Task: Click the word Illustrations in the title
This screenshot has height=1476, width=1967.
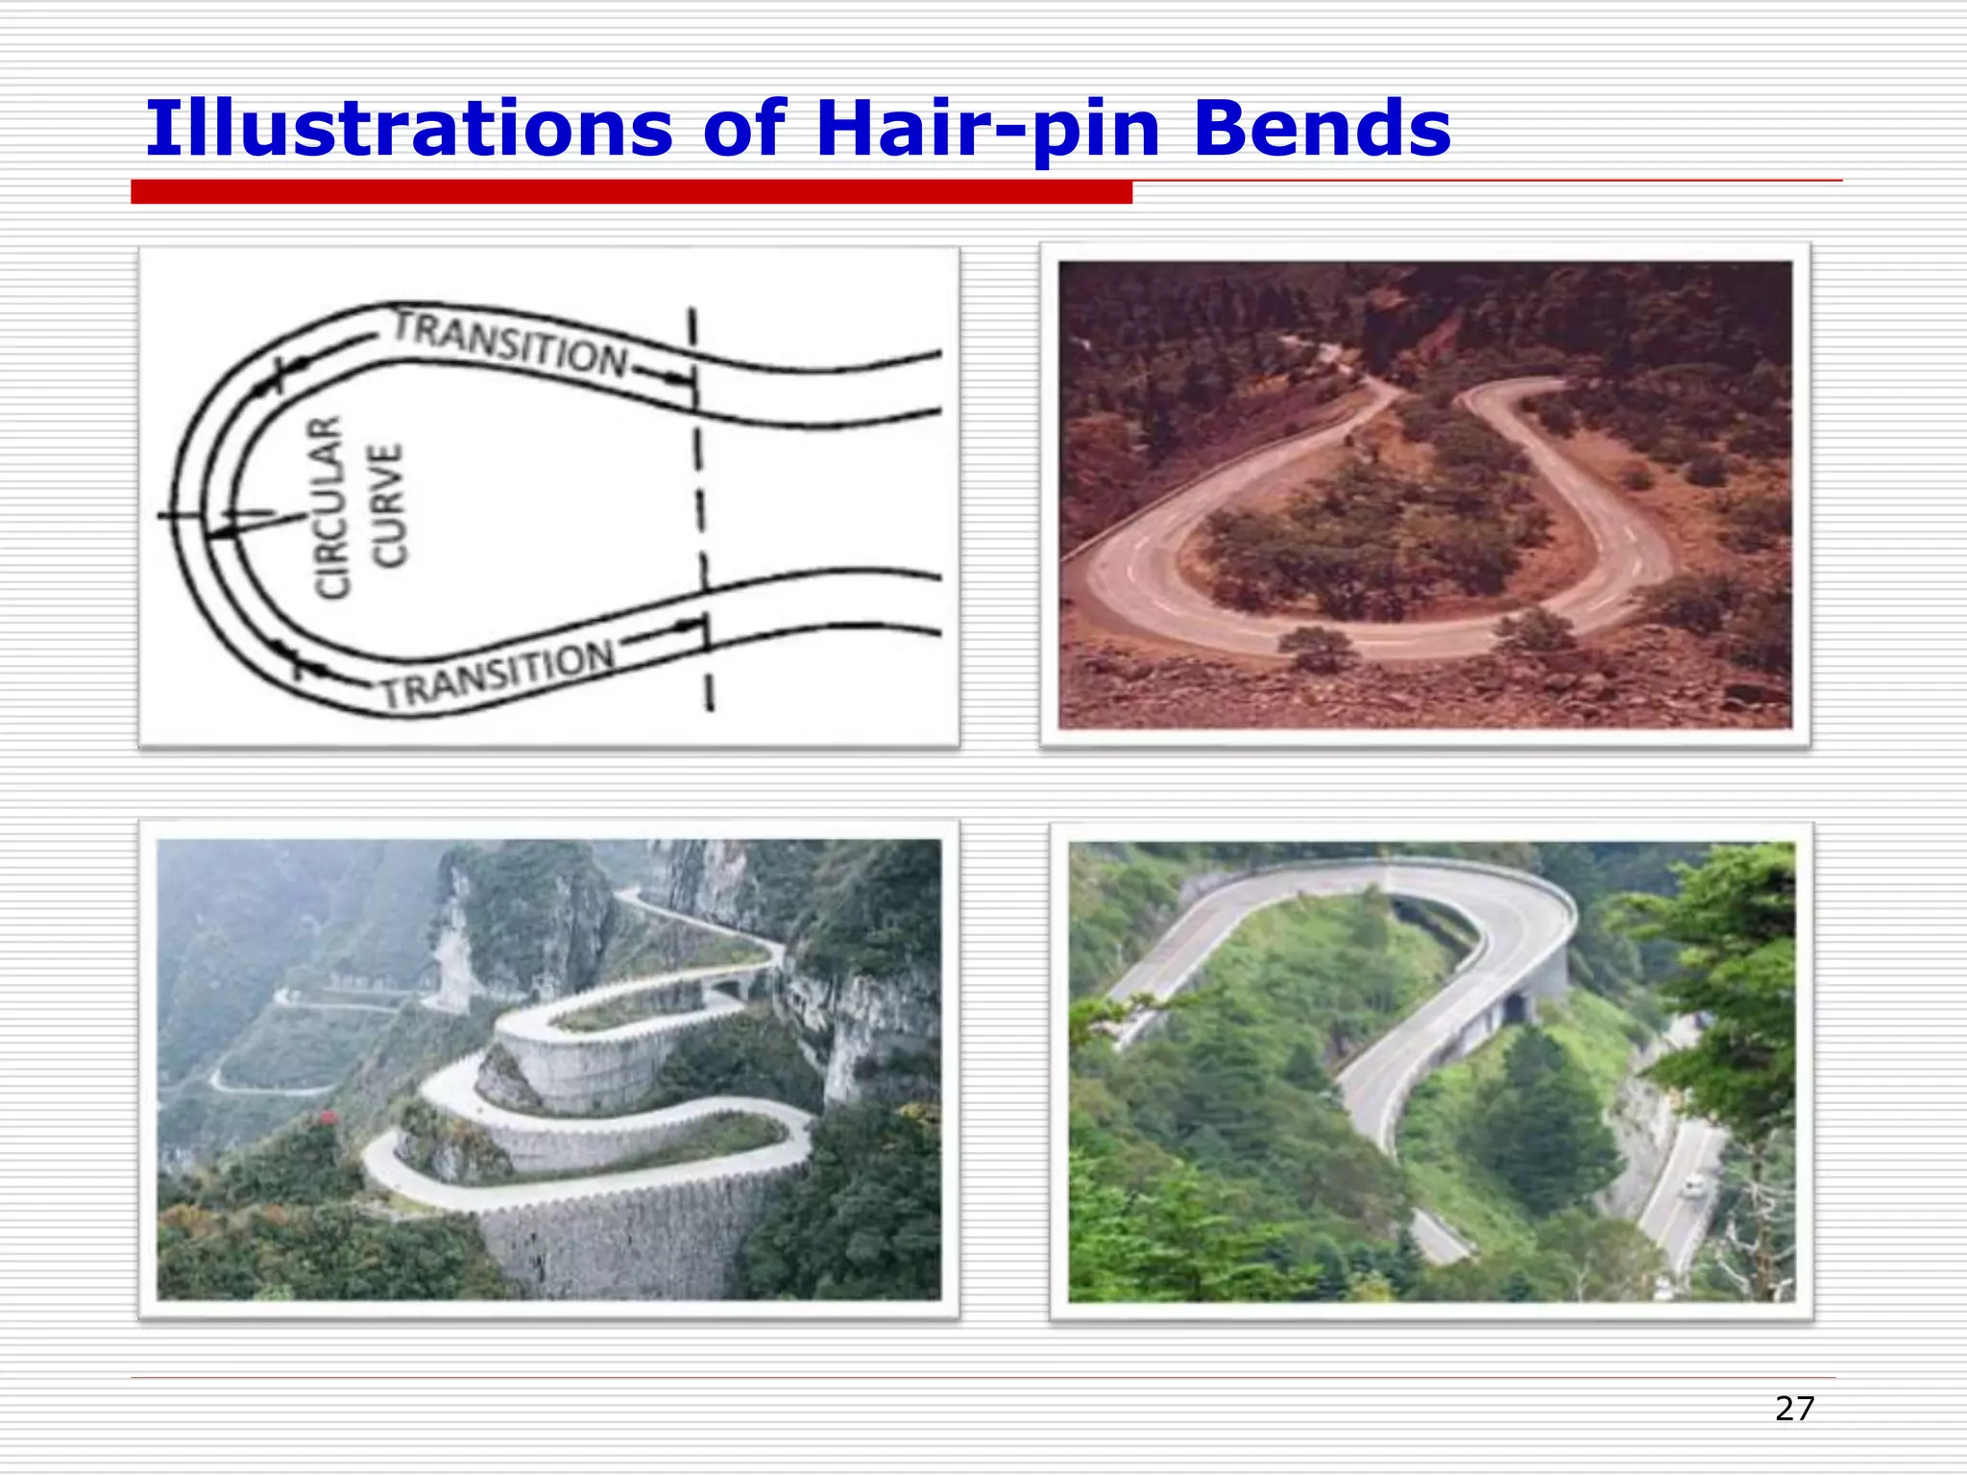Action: click(408, 129)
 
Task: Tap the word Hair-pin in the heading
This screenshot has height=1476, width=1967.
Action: click(987, 129)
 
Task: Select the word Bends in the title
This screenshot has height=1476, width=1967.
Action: click(1322, 129)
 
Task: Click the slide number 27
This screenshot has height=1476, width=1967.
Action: click(1794, 1409)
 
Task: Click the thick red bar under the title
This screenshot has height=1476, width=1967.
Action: click(631, 192)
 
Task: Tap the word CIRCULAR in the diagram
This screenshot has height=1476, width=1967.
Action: click(328, 506)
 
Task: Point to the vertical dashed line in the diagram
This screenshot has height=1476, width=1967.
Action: click(700, 509)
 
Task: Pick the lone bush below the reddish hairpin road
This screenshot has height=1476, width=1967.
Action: click(1318, 648)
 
